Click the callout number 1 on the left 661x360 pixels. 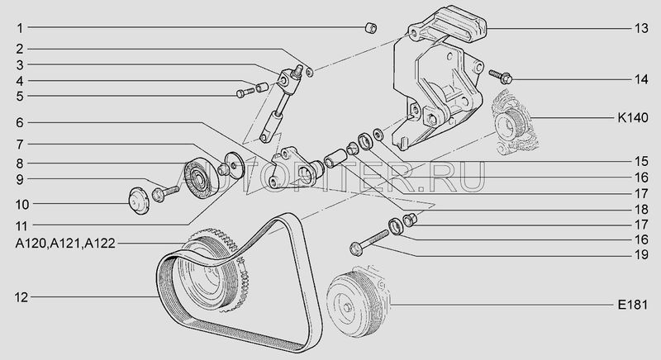19,28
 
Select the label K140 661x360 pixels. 633,117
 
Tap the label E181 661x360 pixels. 633,305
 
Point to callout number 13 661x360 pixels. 641,28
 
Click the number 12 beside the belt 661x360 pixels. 21,297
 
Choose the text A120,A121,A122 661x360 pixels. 65,244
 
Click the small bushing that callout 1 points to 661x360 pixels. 370,28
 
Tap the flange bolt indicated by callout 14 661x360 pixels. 501,77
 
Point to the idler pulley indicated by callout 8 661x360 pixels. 202,178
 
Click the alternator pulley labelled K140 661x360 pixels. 511,125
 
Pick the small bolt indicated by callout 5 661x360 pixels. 245,92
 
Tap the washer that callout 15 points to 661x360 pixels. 378,135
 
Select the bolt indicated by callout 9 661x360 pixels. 165,192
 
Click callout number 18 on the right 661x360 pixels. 641,209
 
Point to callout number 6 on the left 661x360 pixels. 20,123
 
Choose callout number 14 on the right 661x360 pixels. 641,79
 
